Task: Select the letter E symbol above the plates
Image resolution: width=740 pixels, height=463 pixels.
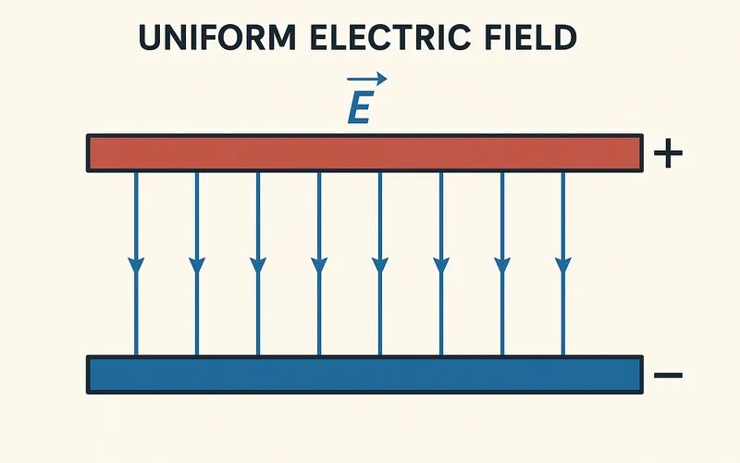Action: coord(358,107)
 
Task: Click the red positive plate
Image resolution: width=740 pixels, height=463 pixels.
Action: coord(364,153)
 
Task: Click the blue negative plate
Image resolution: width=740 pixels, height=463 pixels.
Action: coord(364,374)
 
